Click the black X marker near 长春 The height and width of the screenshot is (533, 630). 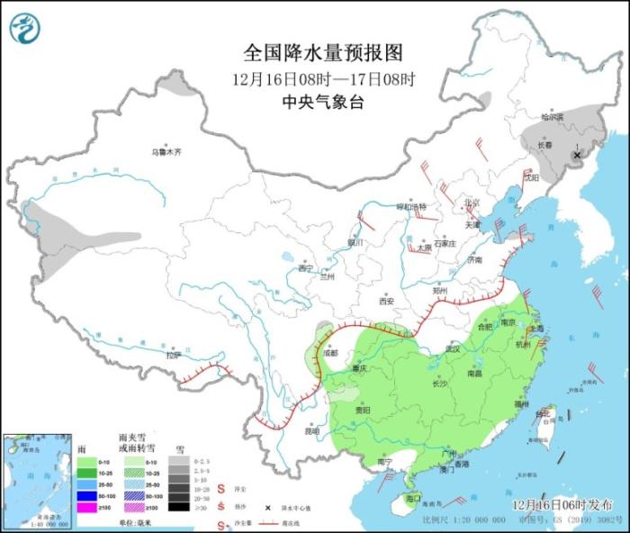pyautogui.click(x=577, y=154)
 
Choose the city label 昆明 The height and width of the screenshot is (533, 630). pyautogui.click(x=311, y=430)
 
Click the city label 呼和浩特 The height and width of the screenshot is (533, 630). pyautogui.click(x=417, y=206)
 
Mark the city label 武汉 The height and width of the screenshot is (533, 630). pyautogui.click(x=453, y=348)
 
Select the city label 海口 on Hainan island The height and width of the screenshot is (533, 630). pyautogui.click(x=414, y=497)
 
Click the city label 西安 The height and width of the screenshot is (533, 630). pyautogui.click(x=386, y=301)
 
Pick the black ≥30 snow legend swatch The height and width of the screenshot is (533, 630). pyautogui.click(x=178, y=506)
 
